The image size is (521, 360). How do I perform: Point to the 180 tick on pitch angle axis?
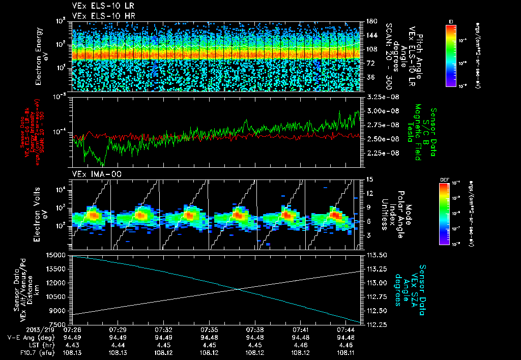(368, 21)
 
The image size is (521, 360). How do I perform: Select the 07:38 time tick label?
(256, 329)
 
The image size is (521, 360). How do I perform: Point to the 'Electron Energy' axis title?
(39, 54)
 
